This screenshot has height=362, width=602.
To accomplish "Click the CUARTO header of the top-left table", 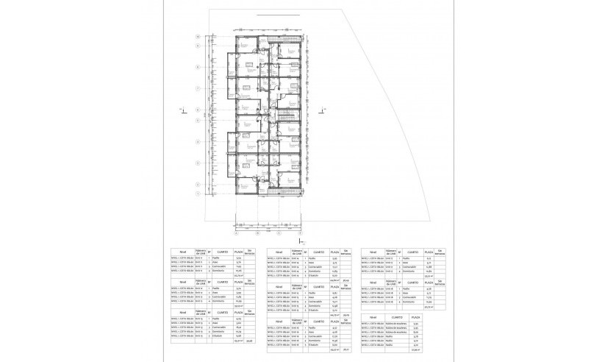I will click(x=223, y=251).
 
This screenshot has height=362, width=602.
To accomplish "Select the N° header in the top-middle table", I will click(x=306, y=251).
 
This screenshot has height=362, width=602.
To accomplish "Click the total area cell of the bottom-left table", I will click(x=238, y=341).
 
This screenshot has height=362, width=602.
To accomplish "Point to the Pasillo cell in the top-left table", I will click(x=218, y=258).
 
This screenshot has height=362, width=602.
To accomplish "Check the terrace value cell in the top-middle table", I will click(x=345, y=279).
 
